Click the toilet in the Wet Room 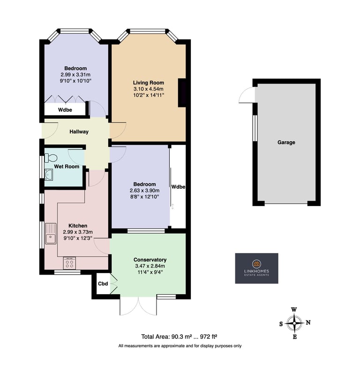pos(51,158)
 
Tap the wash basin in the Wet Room pos(49,175)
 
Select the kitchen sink pos(51,234)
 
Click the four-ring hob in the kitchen pos(69,263)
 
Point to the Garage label pos(286,142)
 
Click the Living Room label pos(148,83)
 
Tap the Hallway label pos(79,131)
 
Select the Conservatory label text pos(150,260)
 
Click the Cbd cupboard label pos(103,283)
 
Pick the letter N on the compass pos(308,322)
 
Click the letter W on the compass pos(294,310)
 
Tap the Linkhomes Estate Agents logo pos(257,268)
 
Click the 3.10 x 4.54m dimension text pos(148,89)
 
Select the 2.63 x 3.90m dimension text pos(144,191)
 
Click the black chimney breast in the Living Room pos(182,92)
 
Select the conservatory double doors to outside pos(138,306)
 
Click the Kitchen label pos(78,226)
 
